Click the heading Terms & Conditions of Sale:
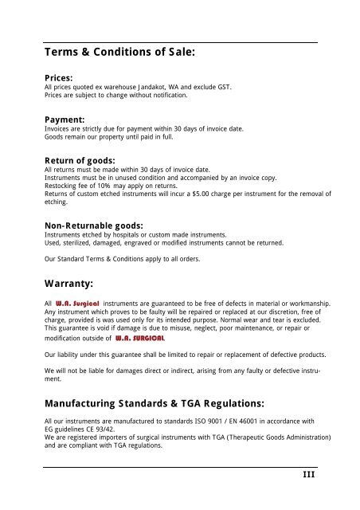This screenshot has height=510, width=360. pyautogui.click(x=120, y=54)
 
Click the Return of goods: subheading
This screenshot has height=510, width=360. pyautogui.click(x=83, y=159)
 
